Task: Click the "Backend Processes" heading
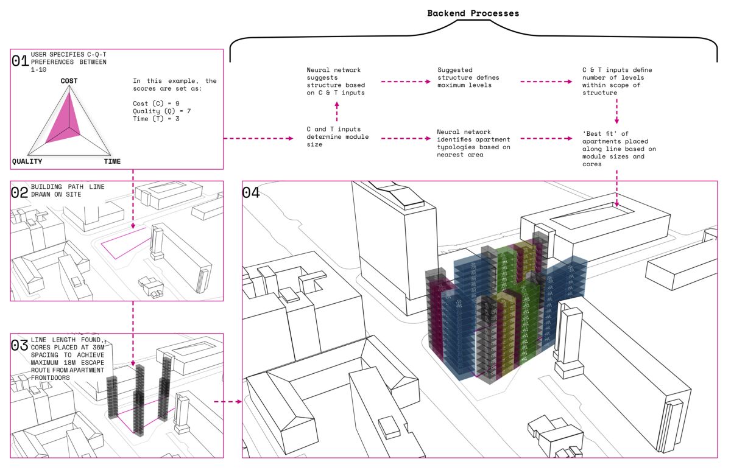[x=473, y=13]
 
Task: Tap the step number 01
[x=20, y=61]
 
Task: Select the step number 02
[x=19, y=192]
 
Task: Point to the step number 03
[x=19, y=345]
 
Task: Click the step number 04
[x=251, y=192]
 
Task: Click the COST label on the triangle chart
[x=69, y=81]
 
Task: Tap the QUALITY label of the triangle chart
[x=27, y=161]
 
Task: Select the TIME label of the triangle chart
[x=112, y=161]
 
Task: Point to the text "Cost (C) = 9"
[x=156, y=103]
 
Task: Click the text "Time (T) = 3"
[x=156, y=119]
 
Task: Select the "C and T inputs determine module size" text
[x=337, y=136]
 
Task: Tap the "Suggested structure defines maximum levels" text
[x=468, y=77]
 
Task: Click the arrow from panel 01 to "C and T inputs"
[x=258, y=138]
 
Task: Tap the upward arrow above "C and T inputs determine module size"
[x=337, y=111]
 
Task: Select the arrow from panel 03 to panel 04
[x=228, y=401]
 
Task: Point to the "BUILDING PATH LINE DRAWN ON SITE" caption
[x=68, y=191]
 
